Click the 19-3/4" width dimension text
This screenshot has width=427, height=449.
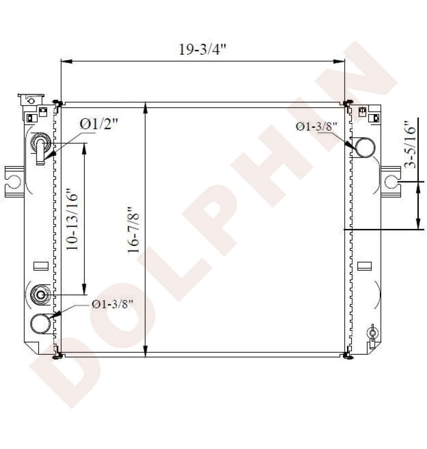click(x=202, y=49)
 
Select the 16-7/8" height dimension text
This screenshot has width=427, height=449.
click(x=133, y=229)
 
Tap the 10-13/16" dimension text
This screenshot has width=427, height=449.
click(x=72, y=219)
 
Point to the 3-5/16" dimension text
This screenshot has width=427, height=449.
click(x=410, y=144)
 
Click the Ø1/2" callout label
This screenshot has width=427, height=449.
click(x=99, y=124)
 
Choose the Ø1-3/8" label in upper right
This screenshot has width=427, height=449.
click(x=317, y=126)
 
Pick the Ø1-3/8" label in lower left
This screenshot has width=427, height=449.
click(x=113, y=304)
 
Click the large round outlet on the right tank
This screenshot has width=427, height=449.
click(x=365, y=147)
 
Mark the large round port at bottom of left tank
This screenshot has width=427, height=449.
click(x=40, y=324)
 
